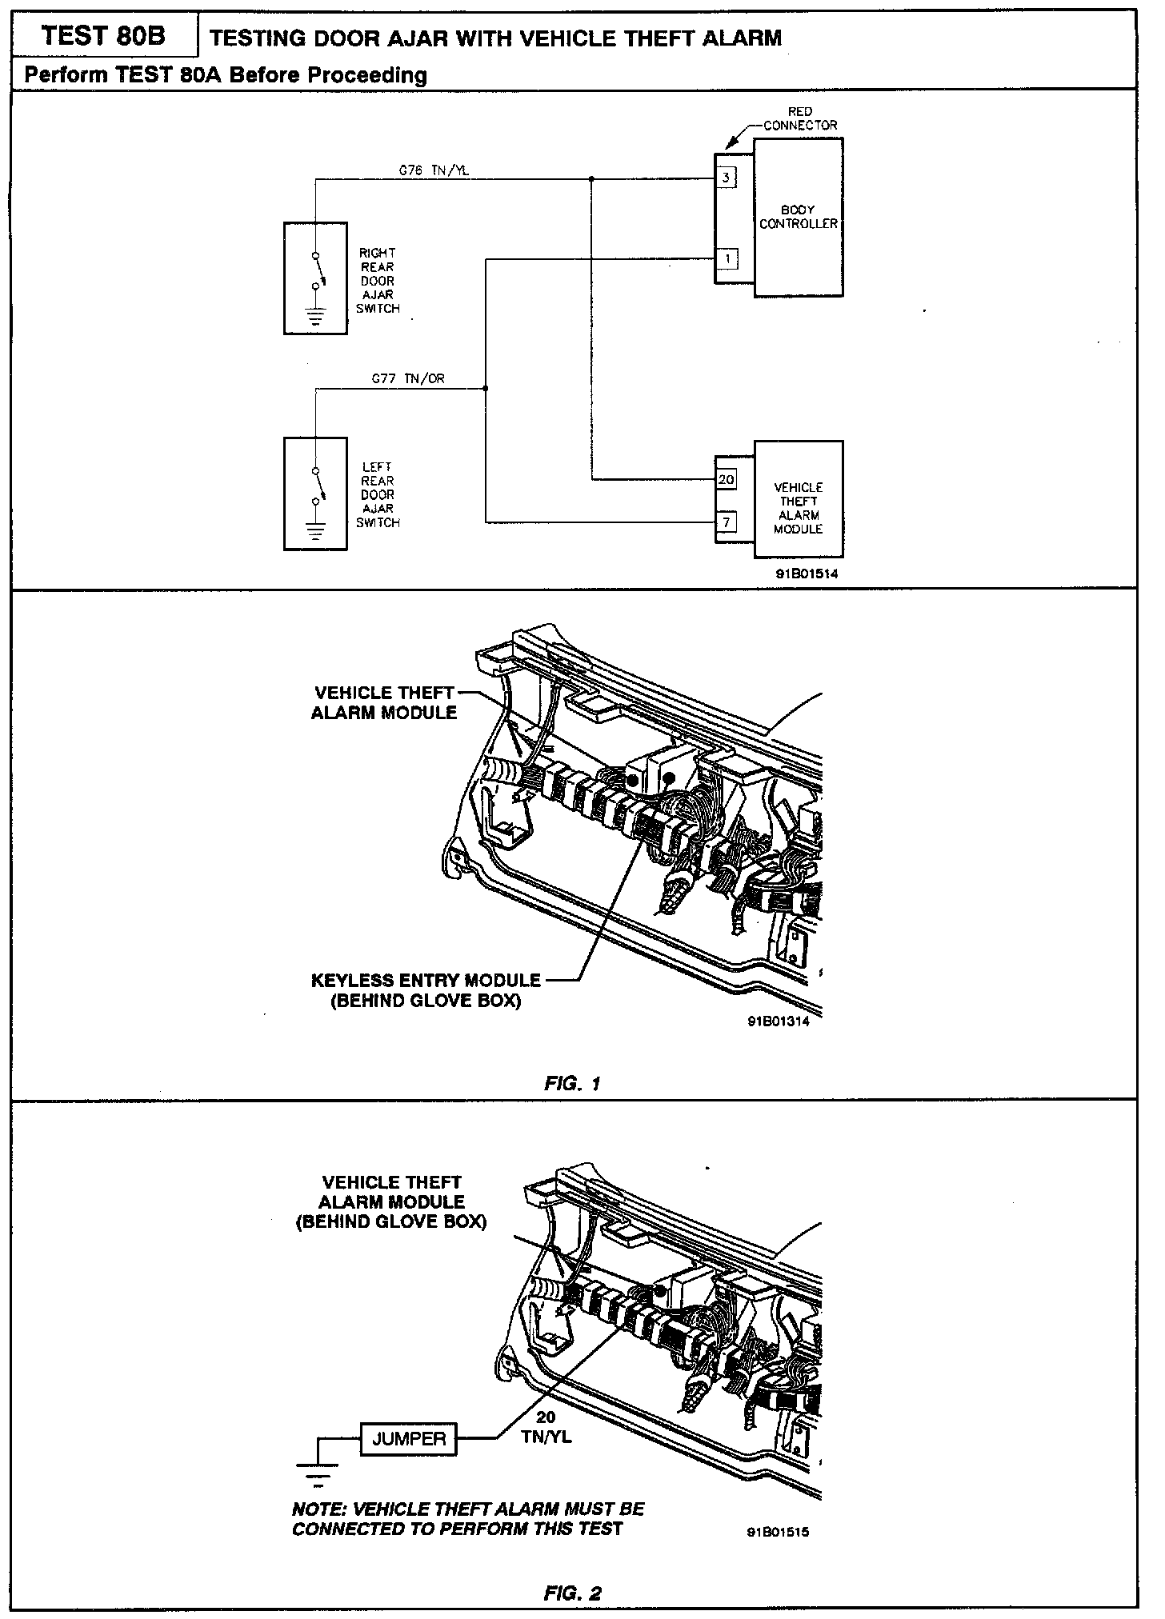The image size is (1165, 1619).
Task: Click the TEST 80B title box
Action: tap(103, 36)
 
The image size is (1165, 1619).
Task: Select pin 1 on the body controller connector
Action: tap(727, 259)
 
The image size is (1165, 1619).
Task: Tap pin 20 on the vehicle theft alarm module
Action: tap(727, 480)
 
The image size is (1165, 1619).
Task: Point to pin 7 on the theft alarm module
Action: tap(727, 523)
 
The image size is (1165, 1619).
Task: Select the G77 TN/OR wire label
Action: tap(407, 379)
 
